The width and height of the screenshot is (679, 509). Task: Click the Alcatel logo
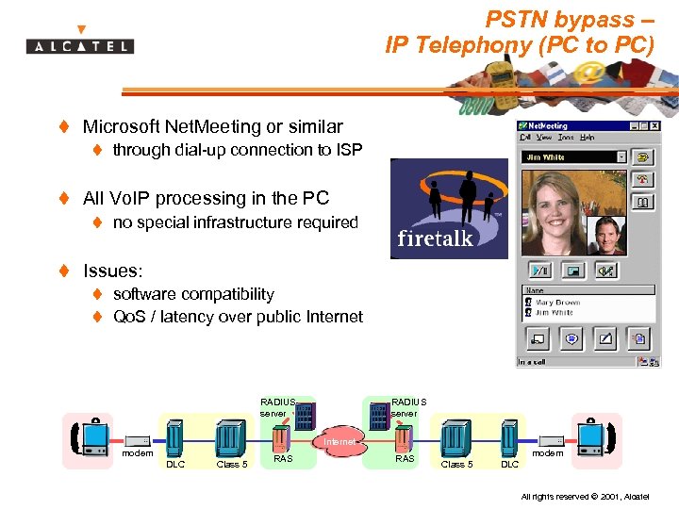click(80, 42)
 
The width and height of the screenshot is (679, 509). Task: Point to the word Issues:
click(112, 271)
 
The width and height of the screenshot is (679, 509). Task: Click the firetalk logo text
click(435, 238)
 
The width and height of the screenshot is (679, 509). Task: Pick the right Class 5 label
click(457, 464)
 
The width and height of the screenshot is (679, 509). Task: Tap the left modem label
click(138, 453)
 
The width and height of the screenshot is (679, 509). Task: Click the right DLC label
click(509, 464)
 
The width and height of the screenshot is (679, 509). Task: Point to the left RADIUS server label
click(277, 407)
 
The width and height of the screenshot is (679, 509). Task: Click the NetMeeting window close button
click(654, 125)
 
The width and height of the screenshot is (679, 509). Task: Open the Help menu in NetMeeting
click(588, 138)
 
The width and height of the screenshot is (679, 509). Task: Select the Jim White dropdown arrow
click(621, 157)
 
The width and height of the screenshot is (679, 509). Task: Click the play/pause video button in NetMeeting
click(538, 271)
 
